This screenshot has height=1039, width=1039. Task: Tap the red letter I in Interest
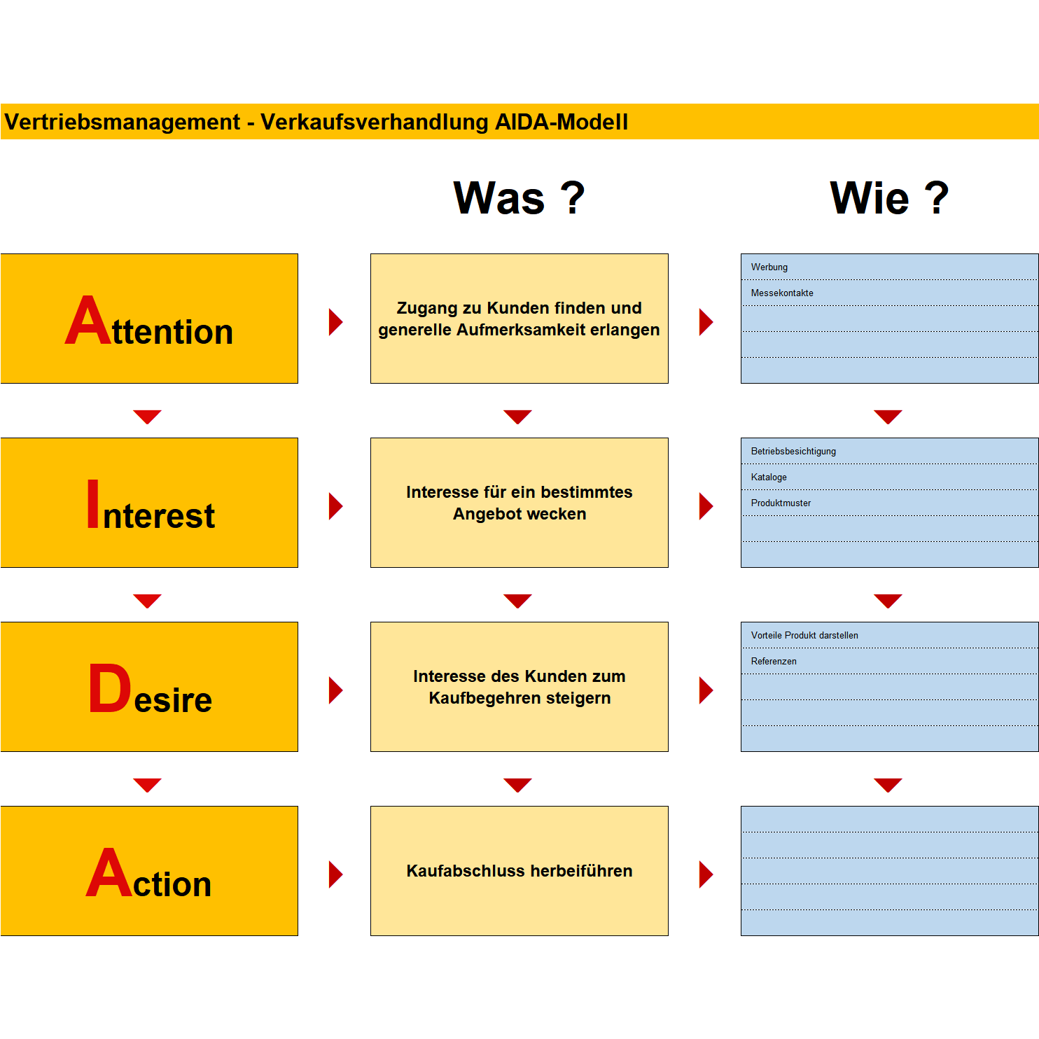point(93,503)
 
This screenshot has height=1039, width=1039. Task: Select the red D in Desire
point(110,688)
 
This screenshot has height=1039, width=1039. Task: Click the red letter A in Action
point(109,872)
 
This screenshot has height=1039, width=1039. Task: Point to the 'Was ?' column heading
point(519,197)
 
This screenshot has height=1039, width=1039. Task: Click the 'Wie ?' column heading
point(889,197)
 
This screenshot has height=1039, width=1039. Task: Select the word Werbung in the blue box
point(769,267)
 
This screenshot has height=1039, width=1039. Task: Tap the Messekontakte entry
point(782,293)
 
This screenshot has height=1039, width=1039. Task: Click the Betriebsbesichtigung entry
point(793,452)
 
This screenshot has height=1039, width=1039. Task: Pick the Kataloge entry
point(769,477)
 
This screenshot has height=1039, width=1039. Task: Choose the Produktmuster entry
point(781,503)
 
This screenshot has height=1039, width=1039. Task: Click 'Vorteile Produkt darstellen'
point(804,636)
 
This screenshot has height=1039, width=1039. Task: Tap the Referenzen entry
point(774,662)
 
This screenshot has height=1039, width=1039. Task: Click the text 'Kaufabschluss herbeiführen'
point(519,871)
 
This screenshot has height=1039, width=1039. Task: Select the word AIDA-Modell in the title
point(562,122)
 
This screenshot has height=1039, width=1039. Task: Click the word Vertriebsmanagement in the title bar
point(123,122)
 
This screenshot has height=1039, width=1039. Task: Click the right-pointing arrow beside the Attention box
point(336,322)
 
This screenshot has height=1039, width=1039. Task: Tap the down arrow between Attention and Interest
point(148,417)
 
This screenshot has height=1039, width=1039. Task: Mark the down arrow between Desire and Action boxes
point(148,785)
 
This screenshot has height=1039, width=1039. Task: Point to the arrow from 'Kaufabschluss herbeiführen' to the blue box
point(706,874)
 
